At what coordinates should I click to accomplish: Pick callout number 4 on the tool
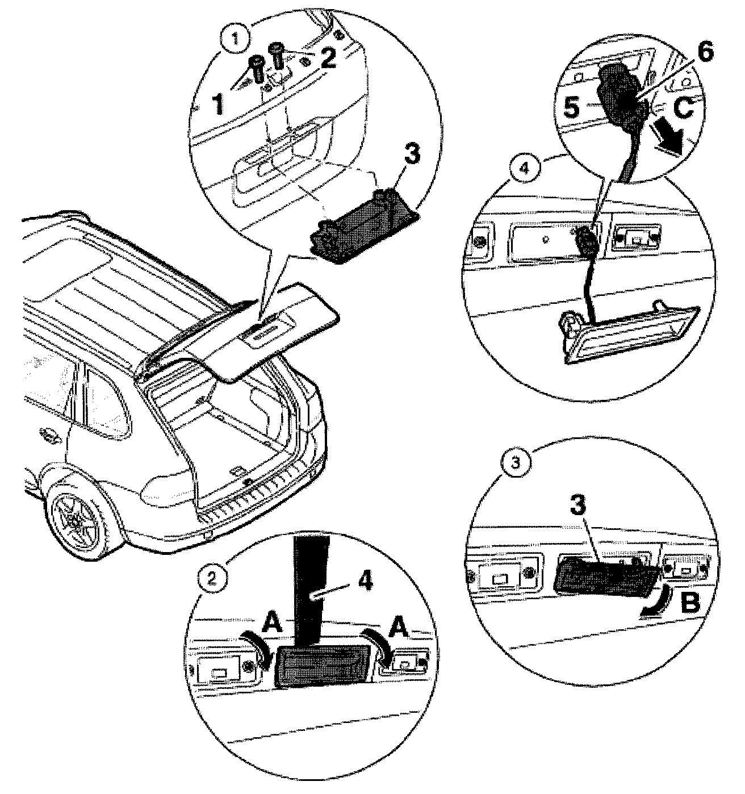(x=365, y=583)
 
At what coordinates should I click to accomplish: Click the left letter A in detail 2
(x=273, y=626)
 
